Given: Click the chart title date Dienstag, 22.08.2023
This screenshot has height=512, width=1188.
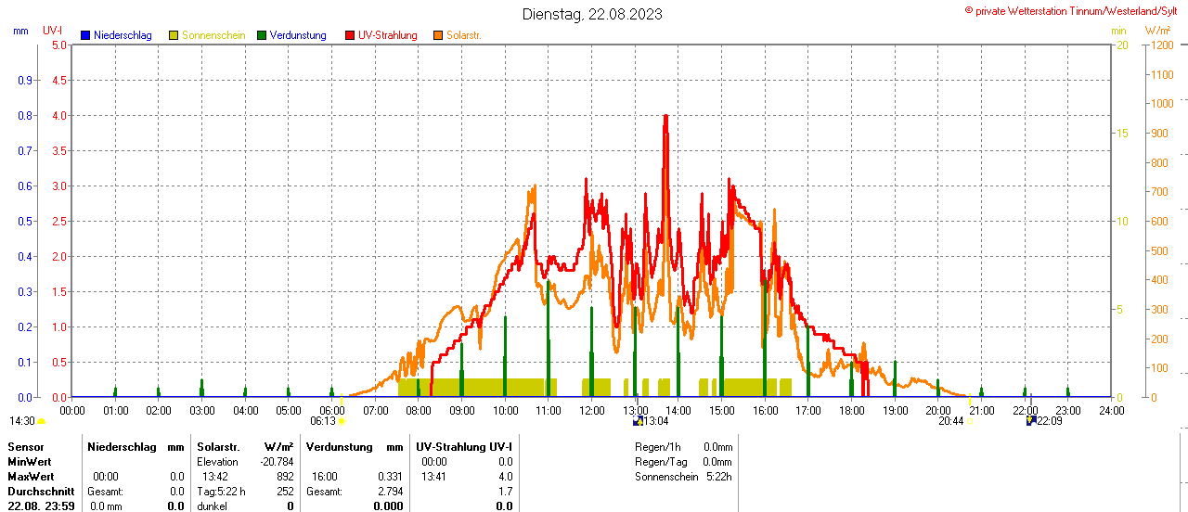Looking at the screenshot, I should point(592,14).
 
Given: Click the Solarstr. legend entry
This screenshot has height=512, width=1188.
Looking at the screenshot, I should point(463,35).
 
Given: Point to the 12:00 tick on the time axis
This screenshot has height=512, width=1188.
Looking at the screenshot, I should point(591,410).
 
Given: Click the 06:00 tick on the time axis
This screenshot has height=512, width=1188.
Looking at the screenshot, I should point(331,410).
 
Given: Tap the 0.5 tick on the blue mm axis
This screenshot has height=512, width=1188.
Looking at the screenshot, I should point(26,221).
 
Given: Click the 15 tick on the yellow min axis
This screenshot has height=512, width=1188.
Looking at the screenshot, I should point(1122,133).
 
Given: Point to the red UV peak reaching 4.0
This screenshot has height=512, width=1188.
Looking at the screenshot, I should point(665,117).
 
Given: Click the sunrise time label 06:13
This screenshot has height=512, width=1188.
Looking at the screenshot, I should point(322,421).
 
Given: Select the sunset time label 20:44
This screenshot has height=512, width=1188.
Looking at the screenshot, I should point(950,421).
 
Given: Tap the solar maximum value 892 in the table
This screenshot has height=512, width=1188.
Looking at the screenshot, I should point(284,477).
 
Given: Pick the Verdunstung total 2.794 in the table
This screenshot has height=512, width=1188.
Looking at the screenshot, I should point(389,492).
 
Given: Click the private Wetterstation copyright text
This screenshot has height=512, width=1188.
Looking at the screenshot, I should point(1075,10).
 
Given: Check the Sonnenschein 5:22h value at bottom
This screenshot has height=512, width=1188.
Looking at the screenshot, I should point(717,477).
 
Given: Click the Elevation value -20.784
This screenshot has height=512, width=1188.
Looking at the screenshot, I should point(277,462).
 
